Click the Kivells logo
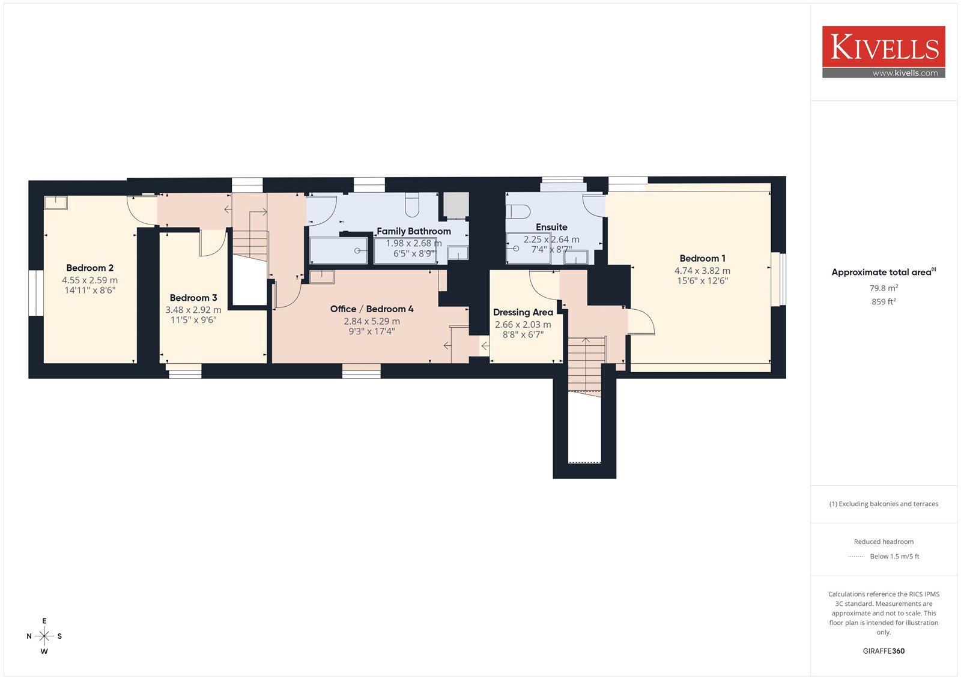[884, 52]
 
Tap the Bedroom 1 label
[702, 258]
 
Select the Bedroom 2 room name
[89, 268]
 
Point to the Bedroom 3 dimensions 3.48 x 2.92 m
[193, 310]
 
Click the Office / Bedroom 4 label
[372, 309]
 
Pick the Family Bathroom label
[414, 231]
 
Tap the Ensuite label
[551, 227]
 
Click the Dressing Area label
[523, 312]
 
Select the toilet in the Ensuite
[518, 211]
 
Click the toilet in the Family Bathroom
[412, 205]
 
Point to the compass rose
[44, 636]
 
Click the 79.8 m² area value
[884, 288]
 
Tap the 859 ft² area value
[884, 301]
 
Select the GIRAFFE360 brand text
[884, 651]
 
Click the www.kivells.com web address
[905, 73]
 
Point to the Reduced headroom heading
[884, 542]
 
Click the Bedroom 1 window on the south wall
[778, 279]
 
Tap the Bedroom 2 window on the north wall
[36, 293]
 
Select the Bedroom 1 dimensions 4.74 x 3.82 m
[702, 271]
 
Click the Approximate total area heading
[884, 272]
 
